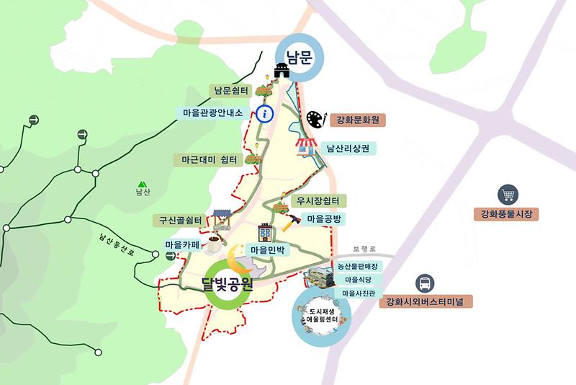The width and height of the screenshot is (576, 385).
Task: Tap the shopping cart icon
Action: (x=508, y=194)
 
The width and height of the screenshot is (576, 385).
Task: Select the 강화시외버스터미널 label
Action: (x=426, y=301)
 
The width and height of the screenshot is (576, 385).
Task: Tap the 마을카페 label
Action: (x=182, y=245)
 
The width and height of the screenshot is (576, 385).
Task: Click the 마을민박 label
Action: (x=268, y=250)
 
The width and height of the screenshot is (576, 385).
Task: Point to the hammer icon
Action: (x=292, y=222)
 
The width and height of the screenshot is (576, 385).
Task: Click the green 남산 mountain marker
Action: (x=144, y=184)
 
